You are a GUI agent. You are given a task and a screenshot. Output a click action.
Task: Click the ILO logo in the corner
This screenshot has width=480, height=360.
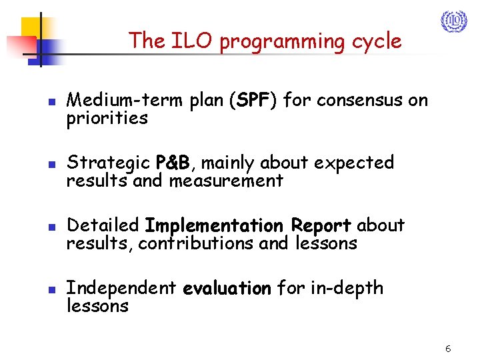tap(454, 21)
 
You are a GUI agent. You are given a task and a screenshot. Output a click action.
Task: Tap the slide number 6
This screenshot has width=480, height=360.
tap(448, 349)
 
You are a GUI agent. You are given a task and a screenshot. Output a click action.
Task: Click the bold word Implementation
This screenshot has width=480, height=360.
tap(215, 225)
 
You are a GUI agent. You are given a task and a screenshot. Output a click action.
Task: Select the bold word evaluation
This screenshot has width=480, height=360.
tap(227, 288)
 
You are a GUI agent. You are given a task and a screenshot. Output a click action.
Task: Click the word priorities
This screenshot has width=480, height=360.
tap(107, 119)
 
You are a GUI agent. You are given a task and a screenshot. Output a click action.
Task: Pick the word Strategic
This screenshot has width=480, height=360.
tap(109, 163)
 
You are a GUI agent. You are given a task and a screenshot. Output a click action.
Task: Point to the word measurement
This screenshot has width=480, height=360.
tap(225, 181)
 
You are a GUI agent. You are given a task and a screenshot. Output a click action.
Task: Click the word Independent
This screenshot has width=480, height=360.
tap(121, 288)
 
